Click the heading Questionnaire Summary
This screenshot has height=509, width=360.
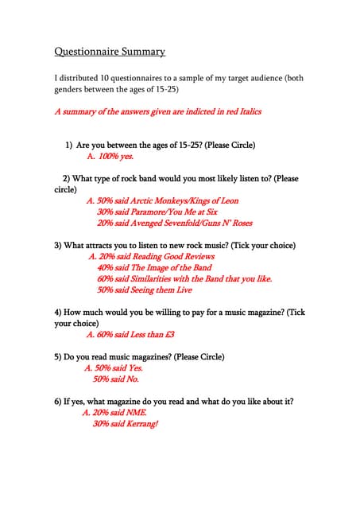point(110,52)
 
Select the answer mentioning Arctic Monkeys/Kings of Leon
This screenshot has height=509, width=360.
point(162,201)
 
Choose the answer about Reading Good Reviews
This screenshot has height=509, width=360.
point(151,257)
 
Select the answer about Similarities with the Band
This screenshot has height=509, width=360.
point(184,279)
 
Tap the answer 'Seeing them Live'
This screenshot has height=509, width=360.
point(144,290)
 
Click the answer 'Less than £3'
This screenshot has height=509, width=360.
point(130,335)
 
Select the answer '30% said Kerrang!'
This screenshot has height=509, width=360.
point(125,424)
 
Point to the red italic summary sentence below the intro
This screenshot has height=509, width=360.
point(157,112)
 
